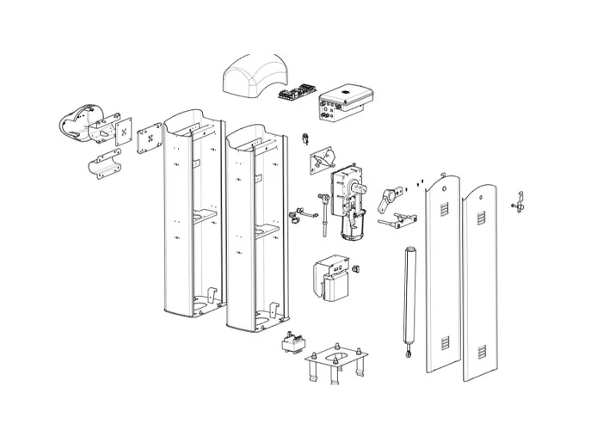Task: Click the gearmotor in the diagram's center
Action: (351, 202)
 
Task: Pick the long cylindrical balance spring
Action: (409, 292)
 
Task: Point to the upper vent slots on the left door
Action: (445, 210)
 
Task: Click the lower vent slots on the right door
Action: (481, 350)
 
